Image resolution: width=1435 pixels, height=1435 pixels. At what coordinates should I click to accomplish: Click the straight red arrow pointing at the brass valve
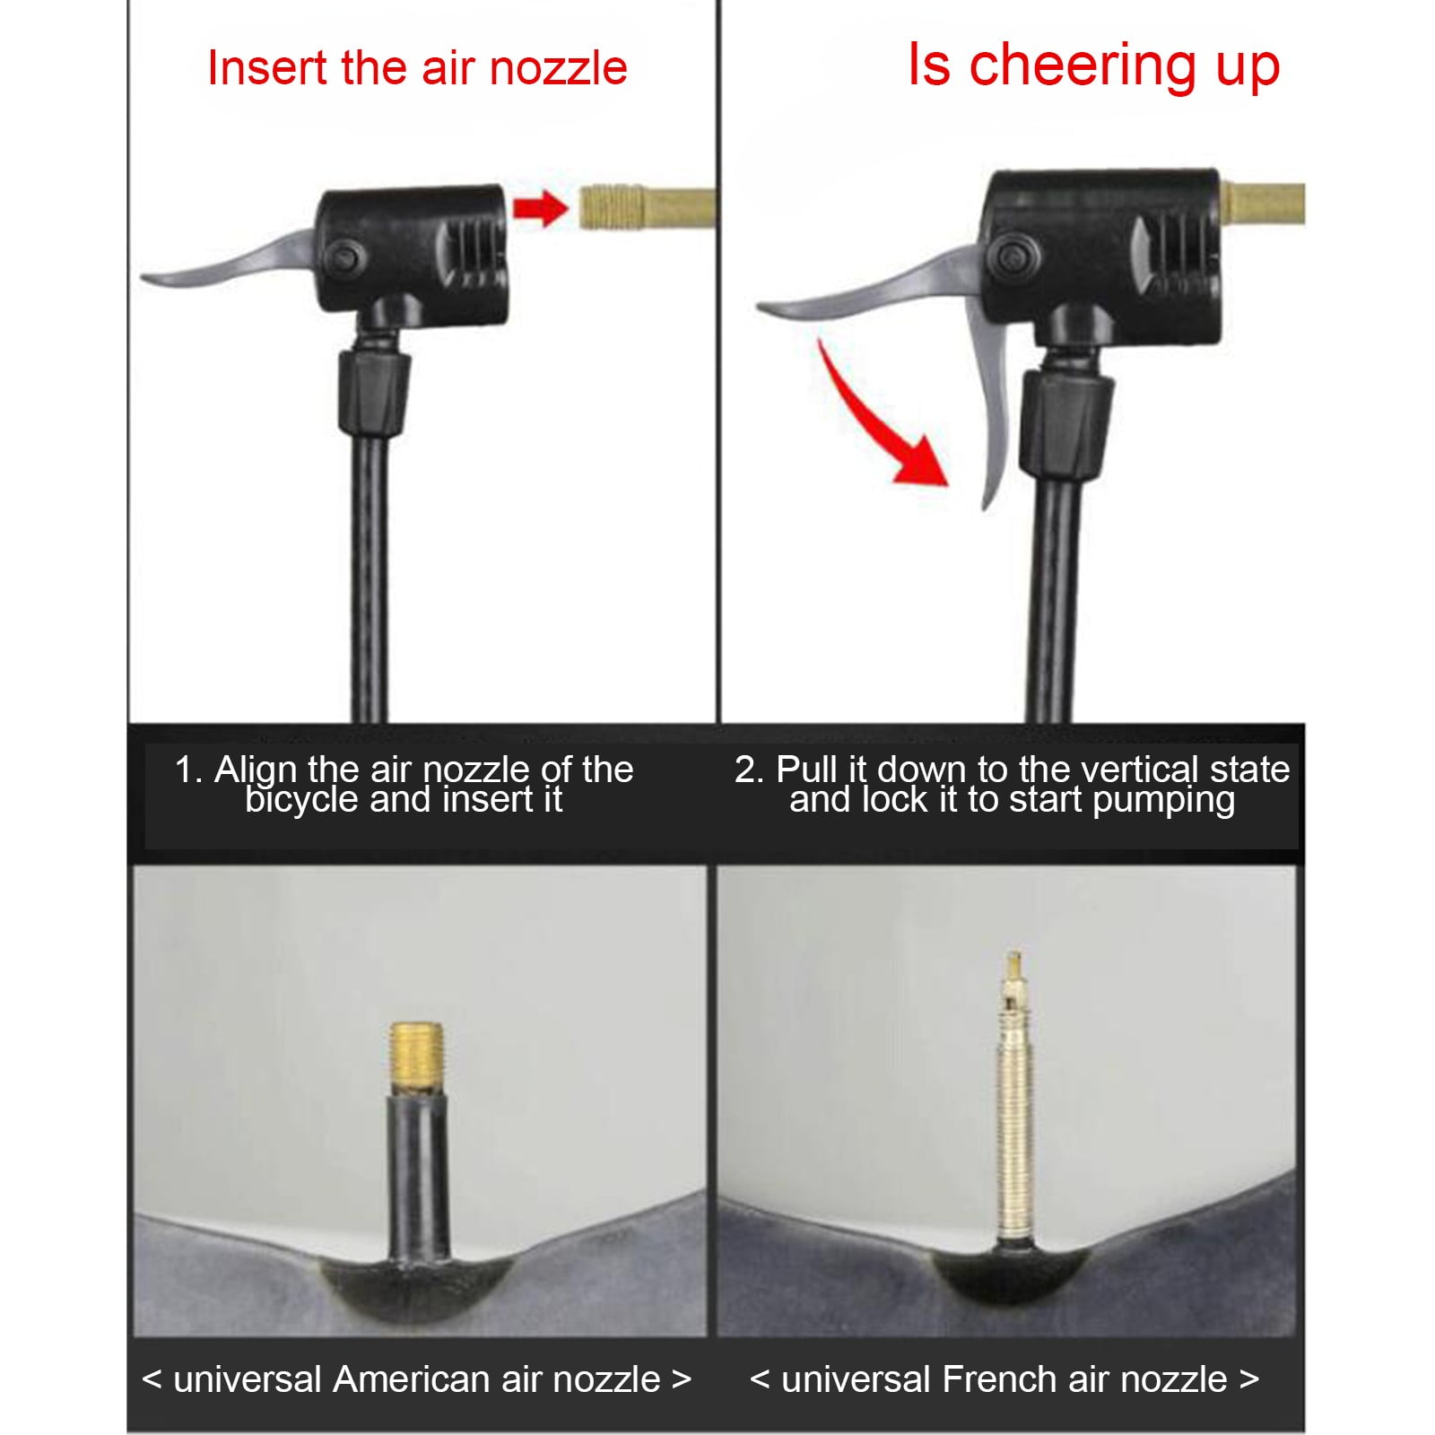click(x=540, y=209)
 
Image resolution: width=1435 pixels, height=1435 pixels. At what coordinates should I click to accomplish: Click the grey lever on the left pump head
click(x=229, y=258)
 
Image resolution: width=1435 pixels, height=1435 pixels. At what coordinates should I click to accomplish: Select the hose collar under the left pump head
click(x=373, y=393)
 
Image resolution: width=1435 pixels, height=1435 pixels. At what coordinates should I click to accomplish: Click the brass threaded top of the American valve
click(x=417, y=1058)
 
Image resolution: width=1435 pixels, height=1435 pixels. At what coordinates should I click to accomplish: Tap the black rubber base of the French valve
click(x=1013, y=1274)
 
